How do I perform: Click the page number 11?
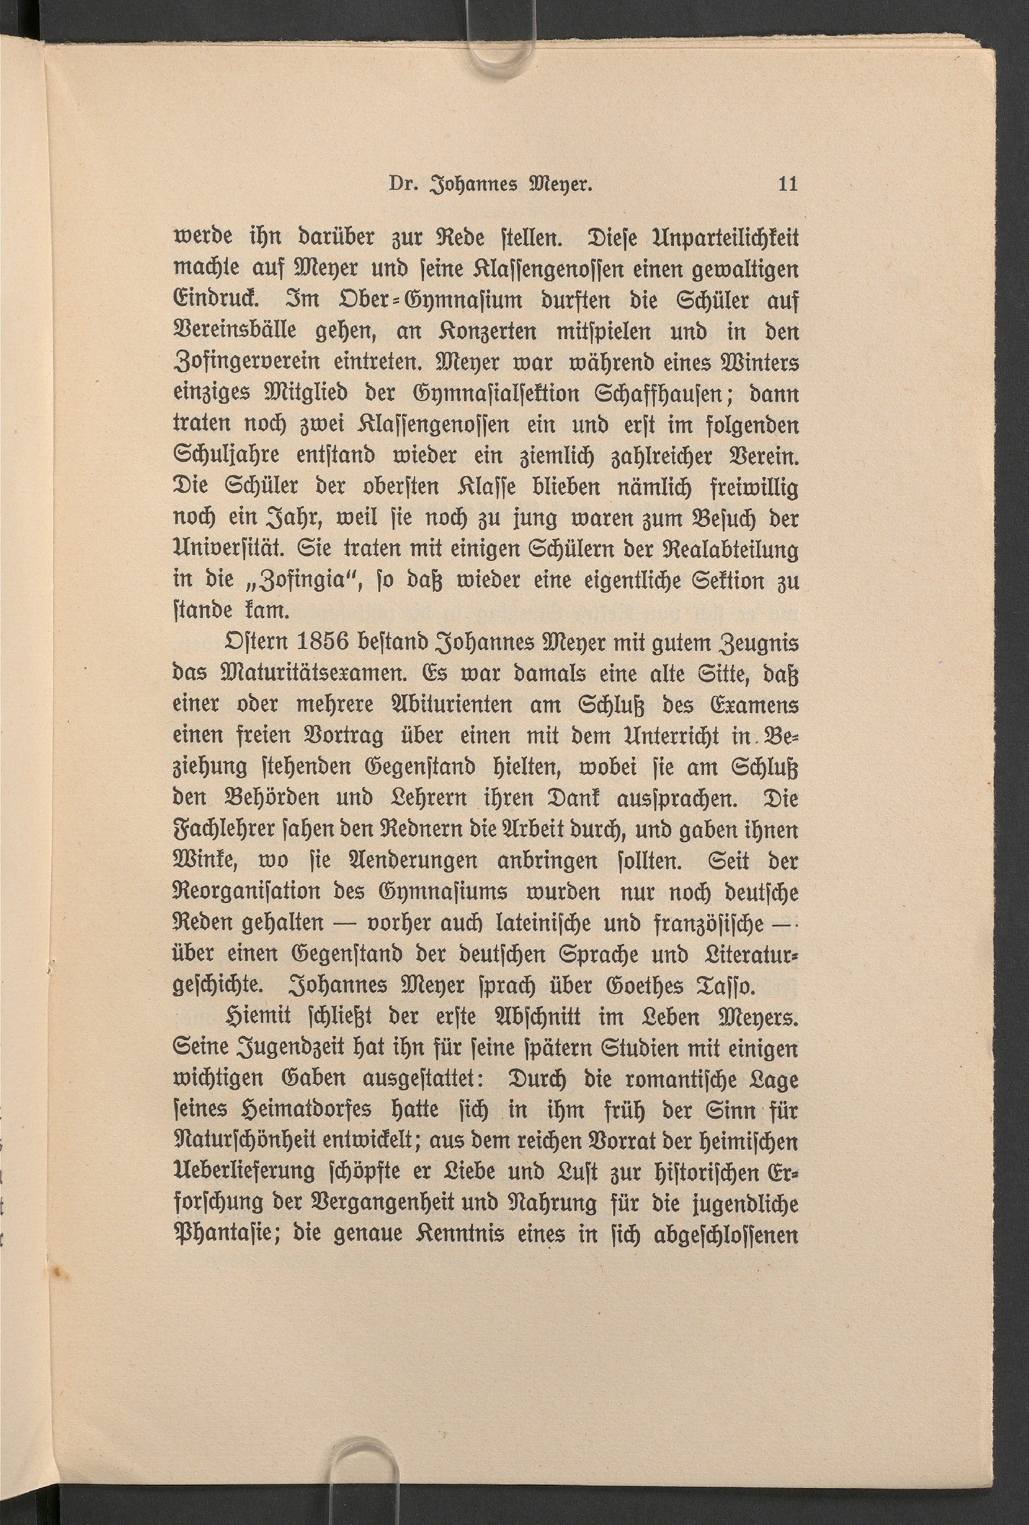788,184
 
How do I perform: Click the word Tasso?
723,987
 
